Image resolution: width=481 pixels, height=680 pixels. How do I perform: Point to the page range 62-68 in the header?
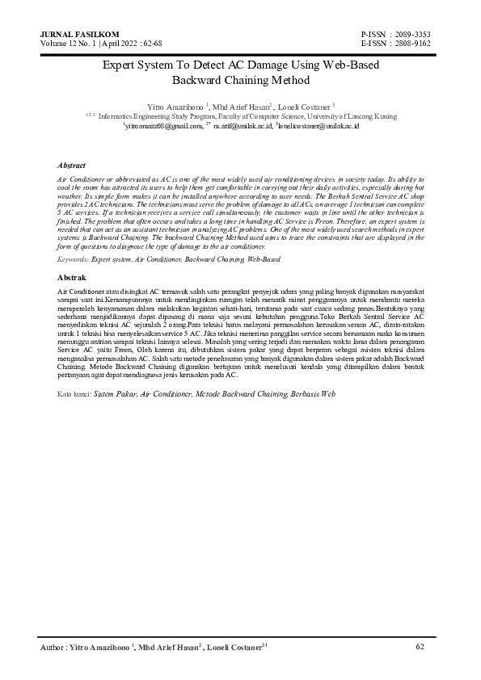[150, 43]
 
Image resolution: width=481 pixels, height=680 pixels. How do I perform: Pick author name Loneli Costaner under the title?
[304, 106]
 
